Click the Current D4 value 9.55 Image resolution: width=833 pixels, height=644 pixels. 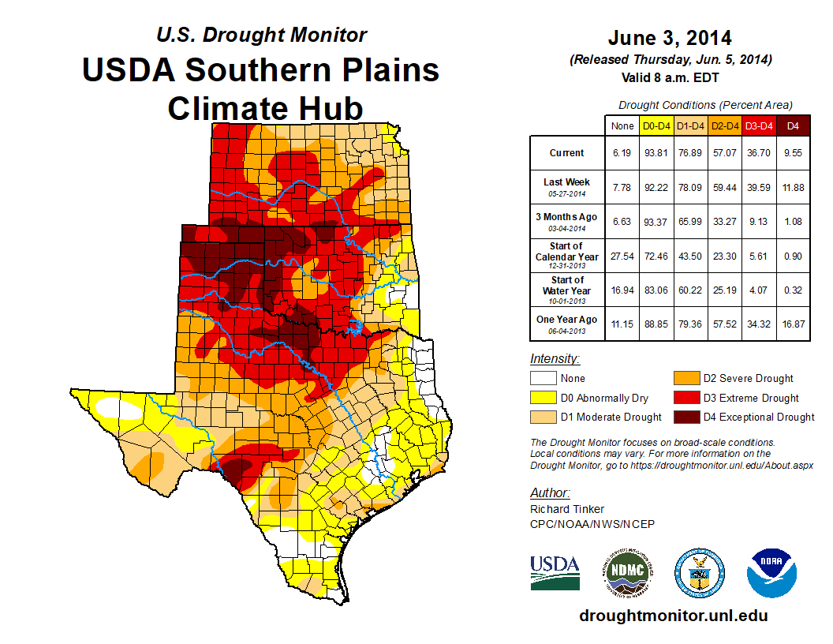pos(793,153)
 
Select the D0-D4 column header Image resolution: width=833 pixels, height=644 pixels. pos(656,125)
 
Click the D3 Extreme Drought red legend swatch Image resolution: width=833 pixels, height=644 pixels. pos(685,398)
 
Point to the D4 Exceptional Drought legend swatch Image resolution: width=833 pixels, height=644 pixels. pos(685,417)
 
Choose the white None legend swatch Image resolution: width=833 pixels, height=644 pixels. pos(544,379)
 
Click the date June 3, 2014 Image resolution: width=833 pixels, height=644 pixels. pos(670,38)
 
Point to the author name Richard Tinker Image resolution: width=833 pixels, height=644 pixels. pos(567,509)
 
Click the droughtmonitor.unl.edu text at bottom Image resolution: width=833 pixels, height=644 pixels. pos(673,616)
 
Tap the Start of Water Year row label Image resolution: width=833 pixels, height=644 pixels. pos(567,290)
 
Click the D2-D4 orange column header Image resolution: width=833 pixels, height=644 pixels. pos(725,125)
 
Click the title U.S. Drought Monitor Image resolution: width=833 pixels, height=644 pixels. pos(261,35)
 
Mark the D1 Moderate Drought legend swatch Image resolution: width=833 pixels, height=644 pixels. pos(544,417)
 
